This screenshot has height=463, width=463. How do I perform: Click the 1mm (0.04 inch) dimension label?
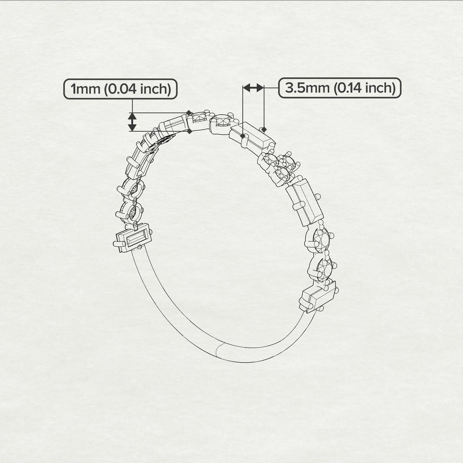[x=120, y=89]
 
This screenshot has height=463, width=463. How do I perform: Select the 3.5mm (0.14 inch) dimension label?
[x=340, y=88]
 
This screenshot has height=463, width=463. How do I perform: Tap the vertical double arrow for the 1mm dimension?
[x=133, y=122]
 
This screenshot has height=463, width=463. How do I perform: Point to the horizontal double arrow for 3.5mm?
[x=253, y=88]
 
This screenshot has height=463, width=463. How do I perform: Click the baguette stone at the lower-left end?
[x=133, y=240]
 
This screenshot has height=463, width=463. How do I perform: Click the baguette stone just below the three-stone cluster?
[x=305, y=201]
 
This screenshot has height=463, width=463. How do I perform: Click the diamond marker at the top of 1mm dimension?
[x=189, y=113]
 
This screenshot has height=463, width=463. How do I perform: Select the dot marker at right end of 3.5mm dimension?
[x=264, y=129]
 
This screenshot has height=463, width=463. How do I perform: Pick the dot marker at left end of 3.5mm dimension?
[x=243, y=136]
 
